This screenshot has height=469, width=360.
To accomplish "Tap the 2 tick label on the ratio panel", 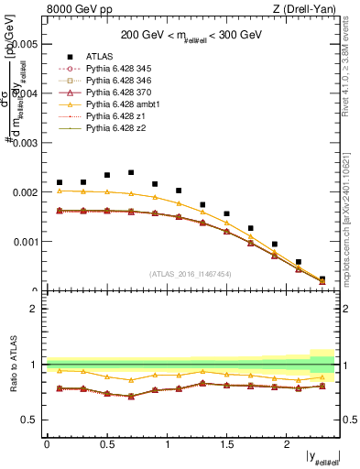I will [35, 309].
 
